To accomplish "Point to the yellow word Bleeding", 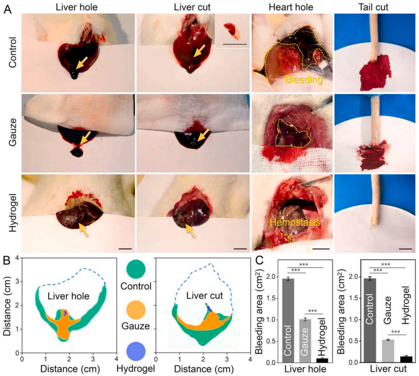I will tap(303, 80).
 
